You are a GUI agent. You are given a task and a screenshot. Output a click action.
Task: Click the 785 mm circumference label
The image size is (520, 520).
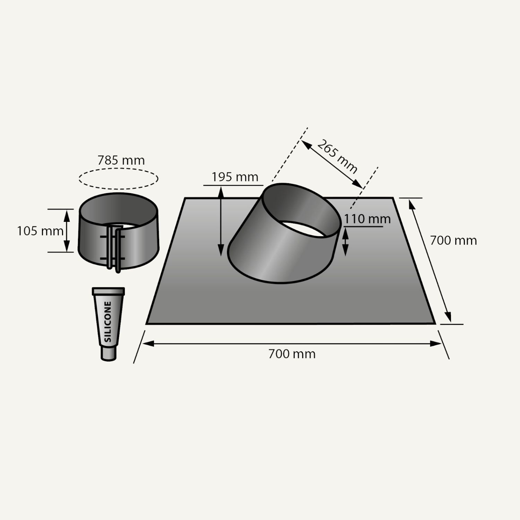point(121,160)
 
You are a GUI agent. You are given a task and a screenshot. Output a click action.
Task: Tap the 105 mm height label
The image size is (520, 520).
point(40,231)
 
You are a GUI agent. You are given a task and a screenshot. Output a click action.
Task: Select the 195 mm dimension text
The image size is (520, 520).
point(235,177)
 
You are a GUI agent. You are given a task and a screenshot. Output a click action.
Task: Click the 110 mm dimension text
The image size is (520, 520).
point(367,219)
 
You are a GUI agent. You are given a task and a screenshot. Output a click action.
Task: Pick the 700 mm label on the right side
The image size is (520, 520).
point(453,240)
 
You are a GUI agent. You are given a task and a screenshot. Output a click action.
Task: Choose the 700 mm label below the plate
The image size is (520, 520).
point(292,354)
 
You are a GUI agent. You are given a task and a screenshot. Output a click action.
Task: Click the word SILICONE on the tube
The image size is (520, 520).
point(108,322)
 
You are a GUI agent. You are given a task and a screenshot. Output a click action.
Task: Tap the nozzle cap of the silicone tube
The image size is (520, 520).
point(109,354)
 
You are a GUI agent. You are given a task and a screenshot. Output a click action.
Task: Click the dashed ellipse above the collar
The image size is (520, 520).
point(119,168)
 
